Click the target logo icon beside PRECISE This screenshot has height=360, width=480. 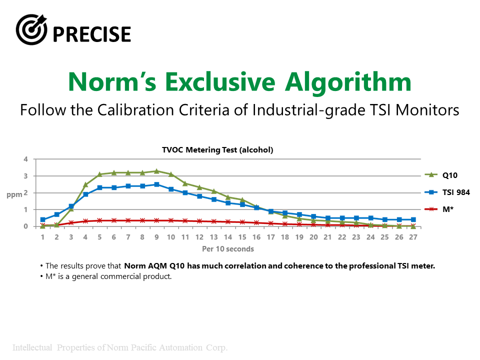[31, 29]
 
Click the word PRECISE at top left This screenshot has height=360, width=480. [91, 34]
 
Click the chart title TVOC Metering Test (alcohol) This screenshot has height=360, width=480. [217, 149]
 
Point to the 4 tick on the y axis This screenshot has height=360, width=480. [25, 159]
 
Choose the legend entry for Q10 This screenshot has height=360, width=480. [442, 175]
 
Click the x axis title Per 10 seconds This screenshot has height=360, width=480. [228, 249]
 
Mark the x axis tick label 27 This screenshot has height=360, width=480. [413, 237]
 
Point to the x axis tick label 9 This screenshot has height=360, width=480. [156, 237]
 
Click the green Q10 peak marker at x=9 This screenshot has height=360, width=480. [156, 171]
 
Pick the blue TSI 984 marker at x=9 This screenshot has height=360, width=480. [156, 184]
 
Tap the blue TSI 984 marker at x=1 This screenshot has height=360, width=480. [42, 219]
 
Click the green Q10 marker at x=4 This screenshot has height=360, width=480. [85, 185]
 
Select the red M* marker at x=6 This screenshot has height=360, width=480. [114, 220]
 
